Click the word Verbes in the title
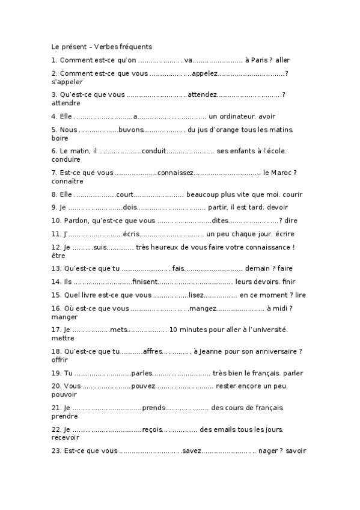pos(106,46)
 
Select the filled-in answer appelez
pos(204,73)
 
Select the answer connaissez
pos(175,173)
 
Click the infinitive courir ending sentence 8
pos(292,194)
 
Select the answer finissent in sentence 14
pos(145,281)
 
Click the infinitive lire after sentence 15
pos(301,295)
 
